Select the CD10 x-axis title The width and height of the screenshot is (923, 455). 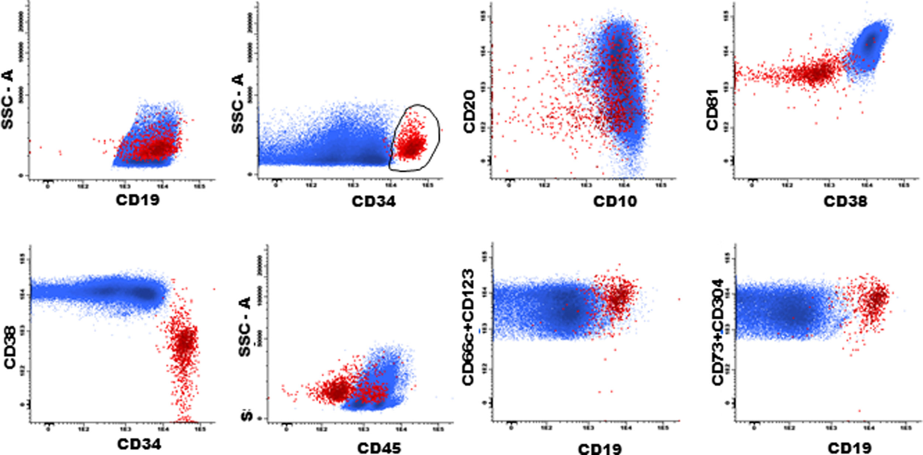tap(615, 201)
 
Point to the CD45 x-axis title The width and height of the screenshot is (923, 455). tap(379, 448)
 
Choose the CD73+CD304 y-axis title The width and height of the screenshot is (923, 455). tap(718, 332)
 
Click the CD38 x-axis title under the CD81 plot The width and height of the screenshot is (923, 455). tap(845, 201)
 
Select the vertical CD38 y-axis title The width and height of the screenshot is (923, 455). tap(10, 347)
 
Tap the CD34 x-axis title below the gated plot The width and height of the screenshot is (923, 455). tap(373, 201)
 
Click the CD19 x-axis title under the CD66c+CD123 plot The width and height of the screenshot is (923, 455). tap(600, 449)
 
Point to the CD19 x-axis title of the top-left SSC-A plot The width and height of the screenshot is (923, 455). tap(138, 200)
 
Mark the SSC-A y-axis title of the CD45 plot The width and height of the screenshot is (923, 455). tap(245, 327)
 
